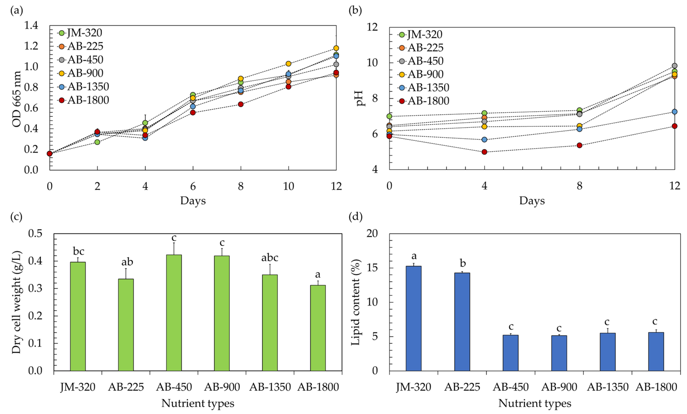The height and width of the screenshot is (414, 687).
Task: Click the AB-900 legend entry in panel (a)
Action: (x=81, y=73)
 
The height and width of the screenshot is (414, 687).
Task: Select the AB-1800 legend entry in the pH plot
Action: (x=424, y=101)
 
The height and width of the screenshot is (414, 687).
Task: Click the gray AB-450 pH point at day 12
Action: (x=674, y=66)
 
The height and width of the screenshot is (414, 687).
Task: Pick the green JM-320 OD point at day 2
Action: (x=97, y=142)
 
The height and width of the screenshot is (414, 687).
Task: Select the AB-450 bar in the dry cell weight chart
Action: (x=174, y=312)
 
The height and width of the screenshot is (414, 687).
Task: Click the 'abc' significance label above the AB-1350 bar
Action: (x=270, y=258)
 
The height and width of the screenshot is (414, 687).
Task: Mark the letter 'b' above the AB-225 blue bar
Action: (x=463, y=263)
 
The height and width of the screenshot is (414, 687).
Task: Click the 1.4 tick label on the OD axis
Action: (x=31, y=25)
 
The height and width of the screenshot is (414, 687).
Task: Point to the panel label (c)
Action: (x=16, y=216)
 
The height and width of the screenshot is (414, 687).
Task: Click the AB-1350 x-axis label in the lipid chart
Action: (x=608, y=387)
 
